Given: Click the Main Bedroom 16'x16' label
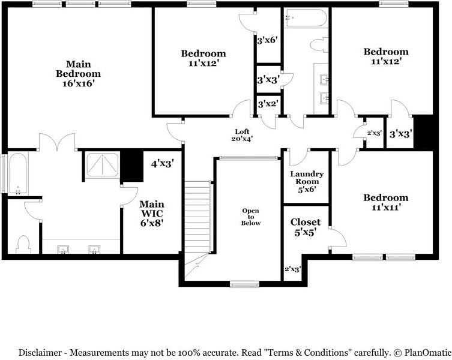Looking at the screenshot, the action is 78,73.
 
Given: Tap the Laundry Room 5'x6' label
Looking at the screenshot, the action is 307,182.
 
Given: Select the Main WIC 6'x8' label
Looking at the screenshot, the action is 152,213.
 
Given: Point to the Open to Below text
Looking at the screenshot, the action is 250,217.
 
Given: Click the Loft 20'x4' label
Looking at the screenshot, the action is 242,135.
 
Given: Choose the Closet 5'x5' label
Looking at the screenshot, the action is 306,227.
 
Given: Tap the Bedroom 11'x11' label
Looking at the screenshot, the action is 386,202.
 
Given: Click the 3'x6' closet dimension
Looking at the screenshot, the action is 267,40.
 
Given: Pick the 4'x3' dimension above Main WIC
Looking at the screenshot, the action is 163,164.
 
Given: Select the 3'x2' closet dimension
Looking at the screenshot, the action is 268,104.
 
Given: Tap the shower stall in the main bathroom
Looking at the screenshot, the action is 102,164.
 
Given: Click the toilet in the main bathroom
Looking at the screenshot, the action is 23,245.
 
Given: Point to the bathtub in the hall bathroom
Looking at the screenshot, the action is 306,18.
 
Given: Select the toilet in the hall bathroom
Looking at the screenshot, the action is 319,45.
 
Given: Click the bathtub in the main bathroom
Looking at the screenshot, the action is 18,174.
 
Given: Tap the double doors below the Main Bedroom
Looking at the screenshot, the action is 58,142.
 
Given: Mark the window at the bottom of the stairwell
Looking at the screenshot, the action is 244,285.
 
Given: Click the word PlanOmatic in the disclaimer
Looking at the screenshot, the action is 428,353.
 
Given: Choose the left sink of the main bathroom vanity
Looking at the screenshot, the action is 63,250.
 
